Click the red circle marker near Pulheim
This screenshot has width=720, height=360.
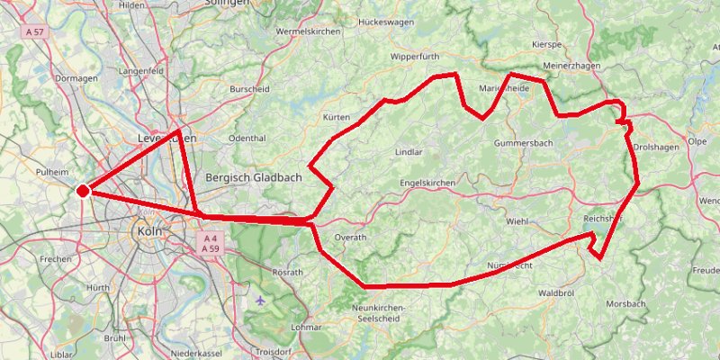83,191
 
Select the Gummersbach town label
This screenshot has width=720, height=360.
523,143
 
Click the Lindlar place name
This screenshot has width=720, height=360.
409,152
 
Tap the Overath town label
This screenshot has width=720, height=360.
350,237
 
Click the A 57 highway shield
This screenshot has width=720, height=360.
34,31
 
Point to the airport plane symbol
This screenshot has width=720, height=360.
261,300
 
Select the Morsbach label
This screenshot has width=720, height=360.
625,304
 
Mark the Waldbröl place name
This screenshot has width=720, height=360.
555,293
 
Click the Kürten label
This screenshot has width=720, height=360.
336,118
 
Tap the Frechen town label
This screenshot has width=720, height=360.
55,258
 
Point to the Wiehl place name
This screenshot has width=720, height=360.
517,220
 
